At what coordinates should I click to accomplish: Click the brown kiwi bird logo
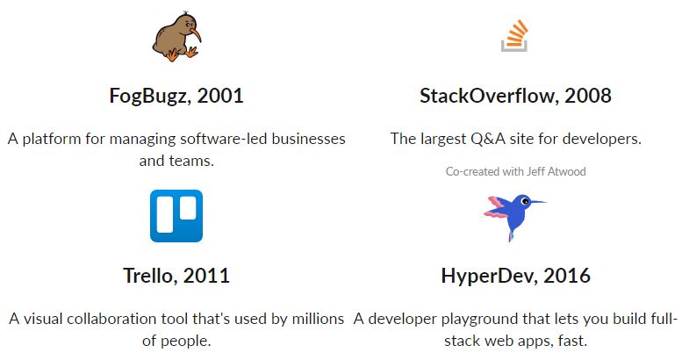pos(176,37)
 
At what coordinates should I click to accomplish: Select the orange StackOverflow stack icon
pos(514,36)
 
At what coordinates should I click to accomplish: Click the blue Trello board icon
pos(176,216)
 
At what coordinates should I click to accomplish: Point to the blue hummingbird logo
pos(514,217)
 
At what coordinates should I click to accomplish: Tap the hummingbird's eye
pos(525,201)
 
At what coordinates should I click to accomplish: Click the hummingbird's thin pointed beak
pos(538,202)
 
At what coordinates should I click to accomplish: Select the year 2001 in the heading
pos(220,96)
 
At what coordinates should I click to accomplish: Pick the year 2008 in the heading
pos(587,96)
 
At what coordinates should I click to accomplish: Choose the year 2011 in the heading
pos(206,276)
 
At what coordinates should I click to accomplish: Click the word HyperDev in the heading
pos(489,276)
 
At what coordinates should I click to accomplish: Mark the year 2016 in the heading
pos(567,276)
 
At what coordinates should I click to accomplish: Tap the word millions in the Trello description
pos(318,319)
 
